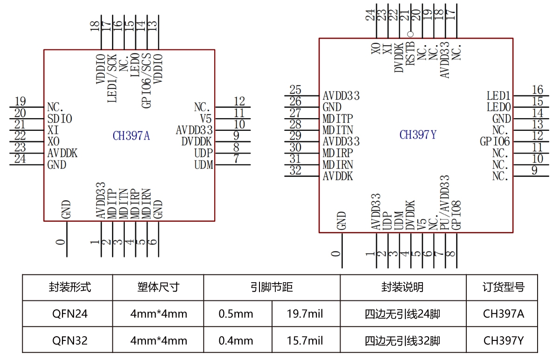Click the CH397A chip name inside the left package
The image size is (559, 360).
131,136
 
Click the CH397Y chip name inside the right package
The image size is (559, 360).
418,135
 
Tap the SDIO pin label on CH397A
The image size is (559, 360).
60,119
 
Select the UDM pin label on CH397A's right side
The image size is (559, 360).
203,164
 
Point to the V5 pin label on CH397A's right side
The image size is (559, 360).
206,119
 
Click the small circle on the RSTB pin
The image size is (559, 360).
410,34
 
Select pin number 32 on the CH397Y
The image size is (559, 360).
295,170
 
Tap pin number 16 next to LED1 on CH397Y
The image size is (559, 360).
538,90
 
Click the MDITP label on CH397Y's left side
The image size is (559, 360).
338,118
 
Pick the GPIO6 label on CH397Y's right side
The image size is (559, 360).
495,142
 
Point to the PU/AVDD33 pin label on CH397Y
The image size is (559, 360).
444,202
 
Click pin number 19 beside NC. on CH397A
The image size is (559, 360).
20,101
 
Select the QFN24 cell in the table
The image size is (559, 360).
70,314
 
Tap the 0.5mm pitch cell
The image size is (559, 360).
236,314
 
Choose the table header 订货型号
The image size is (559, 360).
503,287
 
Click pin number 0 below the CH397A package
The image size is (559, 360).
60,242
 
